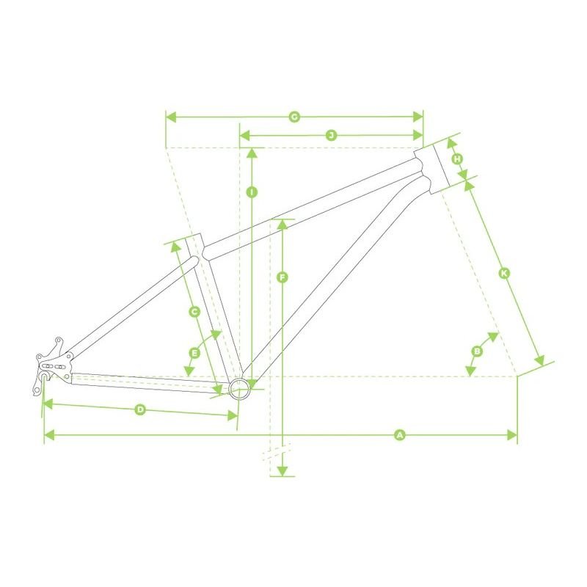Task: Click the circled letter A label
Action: (x=400, y=435)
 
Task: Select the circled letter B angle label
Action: (x=477, y=351)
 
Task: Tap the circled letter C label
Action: (x=194, y=311)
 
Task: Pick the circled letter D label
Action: (x=140, y=409)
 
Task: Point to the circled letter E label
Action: (x=194, y=353)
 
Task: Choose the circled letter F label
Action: (x=282, y=277)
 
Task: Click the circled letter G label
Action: (x=295, y=117)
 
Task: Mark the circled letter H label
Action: (x=457, y=159)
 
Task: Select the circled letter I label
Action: (x=252, y=192)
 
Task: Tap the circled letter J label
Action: (x=331, y=135)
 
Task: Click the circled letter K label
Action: (x=504, y=273)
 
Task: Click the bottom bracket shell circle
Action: (x=239, y=389)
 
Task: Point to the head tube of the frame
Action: (x=431, y=169)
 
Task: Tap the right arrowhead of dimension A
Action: (x=512, y=435)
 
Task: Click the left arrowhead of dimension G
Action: (x=171, y=117)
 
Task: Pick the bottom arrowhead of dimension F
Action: (x=282, y=471)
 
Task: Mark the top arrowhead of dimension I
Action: (x=252, y=153)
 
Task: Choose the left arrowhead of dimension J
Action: (x=245, y=135)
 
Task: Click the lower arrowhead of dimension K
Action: (x=539, y=360)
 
